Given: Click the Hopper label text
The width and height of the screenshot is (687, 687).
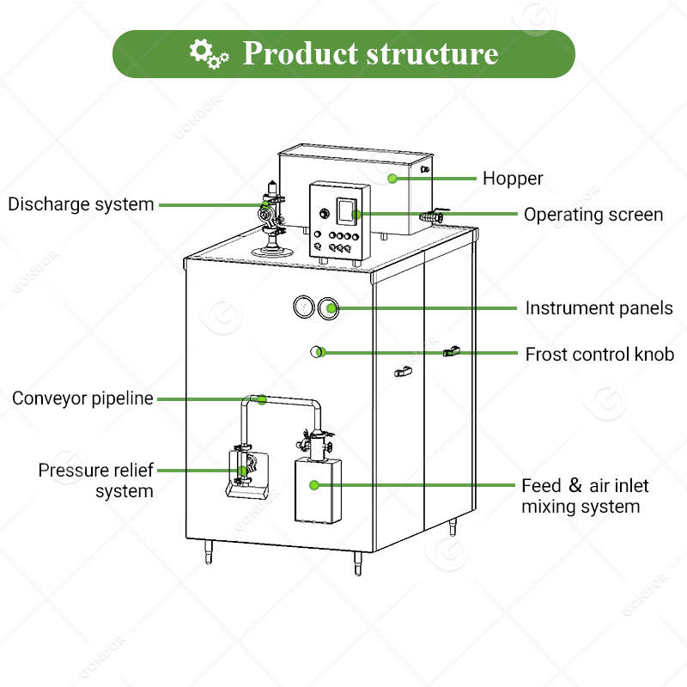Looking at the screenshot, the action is click(513, 179).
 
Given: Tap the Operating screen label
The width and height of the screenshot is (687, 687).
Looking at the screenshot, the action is click(593, 215).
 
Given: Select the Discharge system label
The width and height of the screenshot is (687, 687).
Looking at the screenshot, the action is click(81, 204).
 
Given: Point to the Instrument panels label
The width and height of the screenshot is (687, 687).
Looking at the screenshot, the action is click(599, 308).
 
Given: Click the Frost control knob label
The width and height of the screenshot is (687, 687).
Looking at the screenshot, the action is click(599, 354).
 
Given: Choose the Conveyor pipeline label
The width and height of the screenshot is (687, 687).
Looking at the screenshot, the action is click(82, 398).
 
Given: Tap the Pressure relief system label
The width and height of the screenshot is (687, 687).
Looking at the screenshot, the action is click(95, 480).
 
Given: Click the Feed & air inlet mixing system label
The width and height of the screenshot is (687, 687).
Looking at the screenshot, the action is click(585, 496).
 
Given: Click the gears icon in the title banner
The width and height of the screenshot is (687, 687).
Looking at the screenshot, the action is click(209, 54).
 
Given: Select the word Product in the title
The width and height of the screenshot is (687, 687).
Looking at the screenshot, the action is click(300, 53).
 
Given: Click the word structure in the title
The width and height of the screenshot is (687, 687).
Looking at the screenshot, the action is click(432, 54).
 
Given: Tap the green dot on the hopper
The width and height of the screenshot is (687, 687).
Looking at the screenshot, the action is click(392, 179).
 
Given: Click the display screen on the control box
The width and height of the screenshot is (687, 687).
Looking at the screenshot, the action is click(346, 210).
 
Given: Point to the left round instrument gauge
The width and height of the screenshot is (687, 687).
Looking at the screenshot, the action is click(304, 307).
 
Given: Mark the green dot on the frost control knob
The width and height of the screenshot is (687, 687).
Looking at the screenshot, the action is click(321, 352).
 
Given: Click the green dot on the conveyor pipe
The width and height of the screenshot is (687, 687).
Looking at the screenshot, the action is click(262, 399).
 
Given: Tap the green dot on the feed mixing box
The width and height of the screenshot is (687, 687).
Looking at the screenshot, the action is click(313, 485).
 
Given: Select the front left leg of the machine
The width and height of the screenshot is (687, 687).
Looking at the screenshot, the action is click(209, 551).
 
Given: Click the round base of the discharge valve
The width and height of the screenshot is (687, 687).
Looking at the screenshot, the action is click(272, 252).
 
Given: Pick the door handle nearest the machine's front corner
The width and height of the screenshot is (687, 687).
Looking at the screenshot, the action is click(403, 372).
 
